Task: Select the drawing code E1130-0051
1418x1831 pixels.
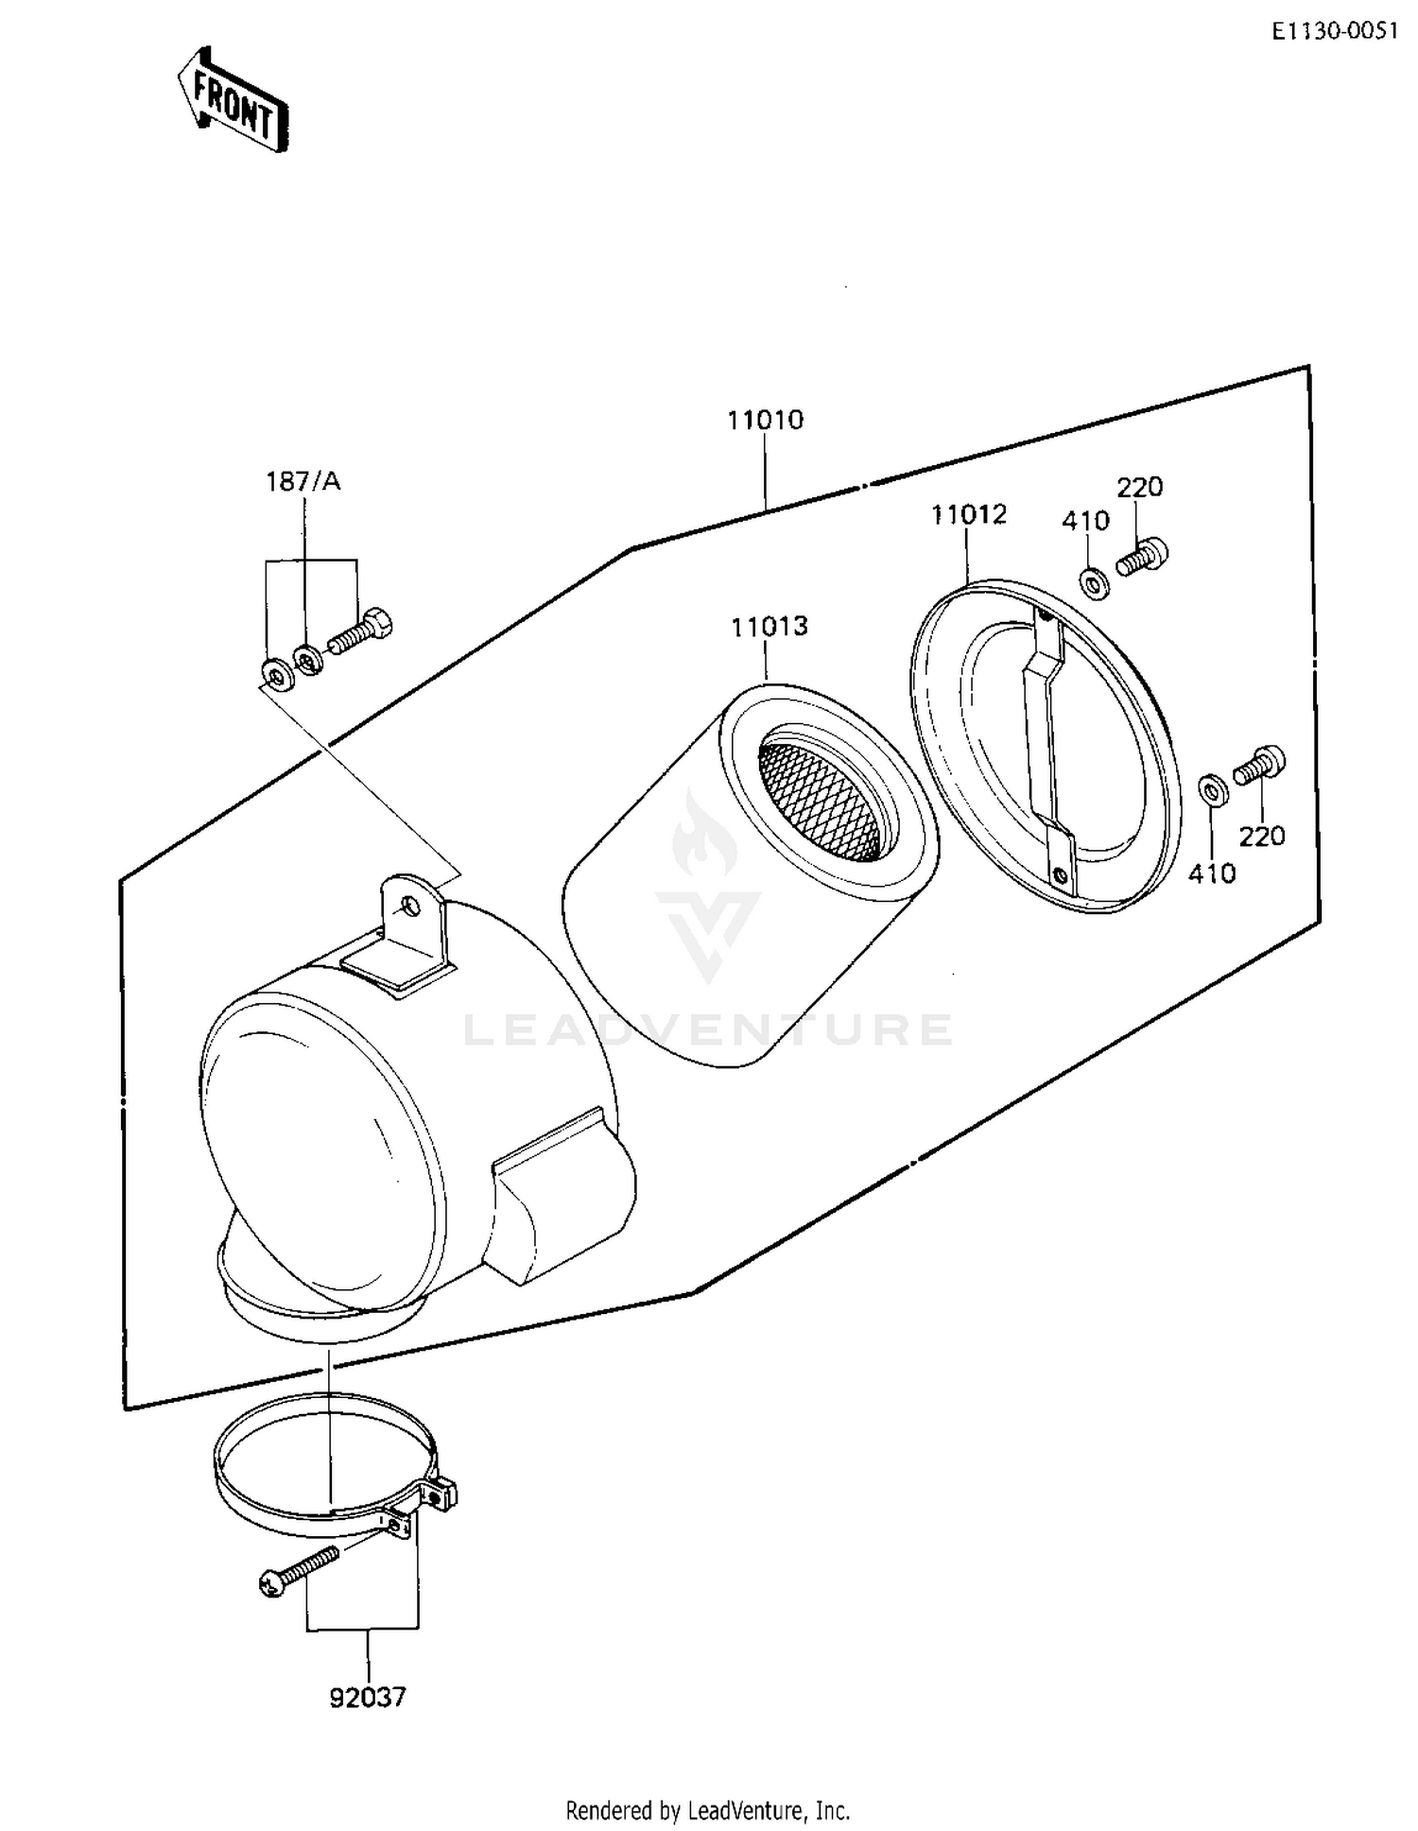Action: [x=1333, y=31]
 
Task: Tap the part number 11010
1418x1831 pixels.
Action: [x=765, y=420]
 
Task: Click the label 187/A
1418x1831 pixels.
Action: [x=303, y=482]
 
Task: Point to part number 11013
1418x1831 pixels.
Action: [x=769, y=627]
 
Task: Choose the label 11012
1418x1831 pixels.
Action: [x=969, y=515]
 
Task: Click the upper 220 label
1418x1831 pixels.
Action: [x=1139, y=488]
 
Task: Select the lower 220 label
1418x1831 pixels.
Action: [x=1262, y=837]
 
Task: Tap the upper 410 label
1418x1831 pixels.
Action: [x=1084, y=521]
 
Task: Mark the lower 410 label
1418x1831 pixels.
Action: [x=1212, y=874]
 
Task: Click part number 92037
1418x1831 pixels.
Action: [x=368, y=1698]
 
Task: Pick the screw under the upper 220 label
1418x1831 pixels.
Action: [x=1142, y=557]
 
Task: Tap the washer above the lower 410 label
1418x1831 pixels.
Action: [x=1213, y=789]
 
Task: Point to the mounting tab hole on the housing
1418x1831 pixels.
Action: [x=409, y=907]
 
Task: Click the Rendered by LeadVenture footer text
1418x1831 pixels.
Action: [x=707, y=1810]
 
